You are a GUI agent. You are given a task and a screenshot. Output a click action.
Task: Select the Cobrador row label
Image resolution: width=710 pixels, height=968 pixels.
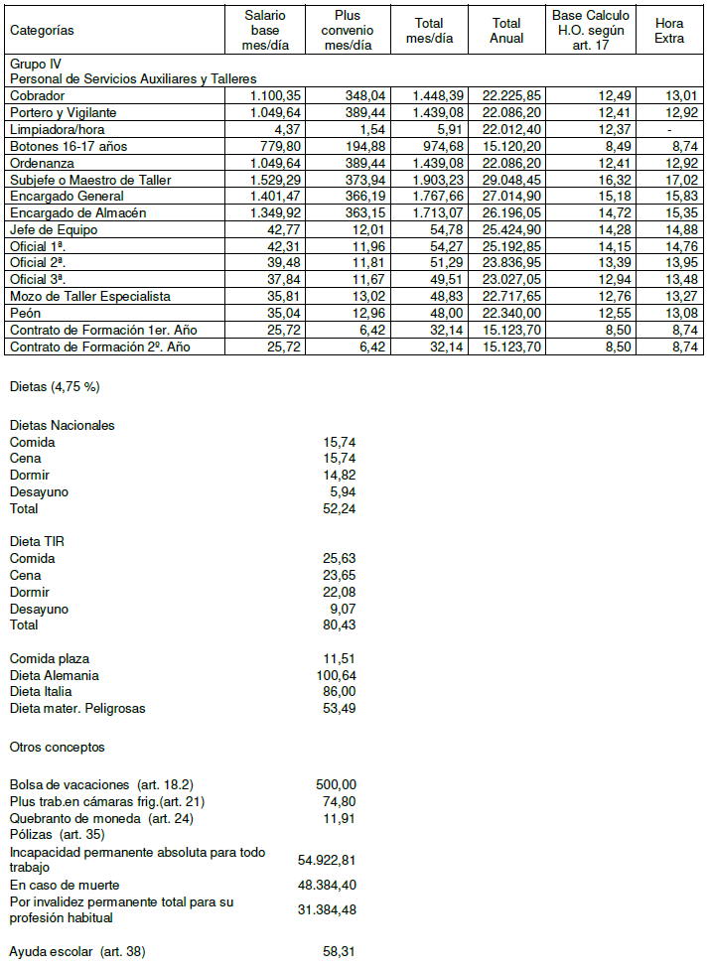[x=38, y=95]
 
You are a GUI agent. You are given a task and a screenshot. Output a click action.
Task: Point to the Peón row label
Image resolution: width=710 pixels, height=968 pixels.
[x=25, y=314]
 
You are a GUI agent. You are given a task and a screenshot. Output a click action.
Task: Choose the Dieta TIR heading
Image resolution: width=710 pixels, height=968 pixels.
[x=38, y=541]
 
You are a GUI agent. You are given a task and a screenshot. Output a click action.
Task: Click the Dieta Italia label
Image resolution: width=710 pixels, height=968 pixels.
[x=41, y=691]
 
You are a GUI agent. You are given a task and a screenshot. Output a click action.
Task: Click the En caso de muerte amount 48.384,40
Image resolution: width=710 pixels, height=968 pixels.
[x=330, y=884]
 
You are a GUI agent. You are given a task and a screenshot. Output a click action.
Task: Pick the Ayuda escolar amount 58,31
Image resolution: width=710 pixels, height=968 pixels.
[x=339, y=951]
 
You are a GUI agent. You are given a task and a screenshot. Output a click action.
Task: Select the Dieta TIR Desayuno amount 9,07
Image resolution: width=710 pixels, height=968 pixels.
[x=342, y=608]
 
